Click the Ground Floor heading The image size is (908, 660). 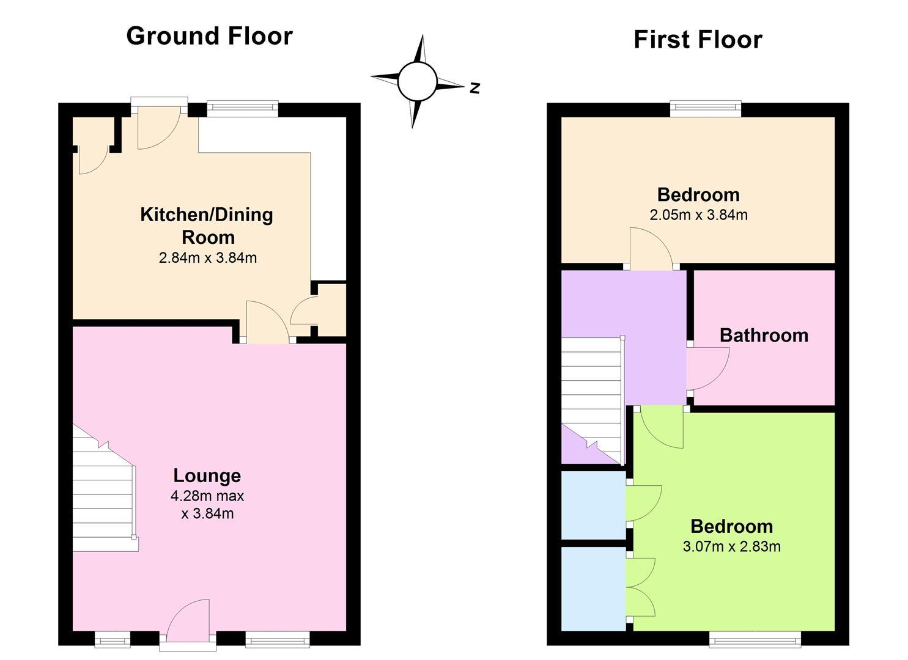coord(210,36)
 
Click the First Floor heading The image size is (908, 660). coord(698,40)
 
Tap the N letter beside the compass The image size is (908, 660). coord(474,88)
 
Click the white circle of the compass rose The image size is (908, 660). coord(417,81)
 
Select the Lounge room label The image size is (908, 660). coord(207,475)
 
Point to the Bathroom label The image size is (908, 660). coord(764,335)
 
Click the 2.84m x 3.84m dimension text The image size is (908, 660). coord(208,258)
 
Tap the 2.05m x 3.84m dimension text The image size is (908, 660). coord(698,215)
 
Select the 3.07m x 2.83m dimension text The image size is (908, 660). coord(732,546)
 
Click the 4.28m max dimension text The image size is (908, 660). coord(207,496)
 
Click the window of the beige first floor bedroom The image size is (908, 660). coord(706,108)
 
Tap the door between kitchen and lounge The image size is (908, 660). coord(268,322)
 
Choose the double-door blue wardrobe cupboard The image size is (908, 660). coord(594,588)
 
